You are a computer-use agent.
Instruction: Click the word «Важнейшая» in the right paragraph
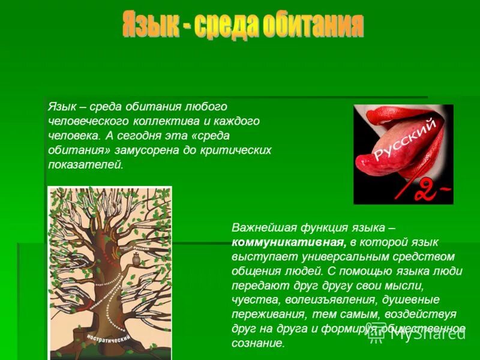pos(259,228)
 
